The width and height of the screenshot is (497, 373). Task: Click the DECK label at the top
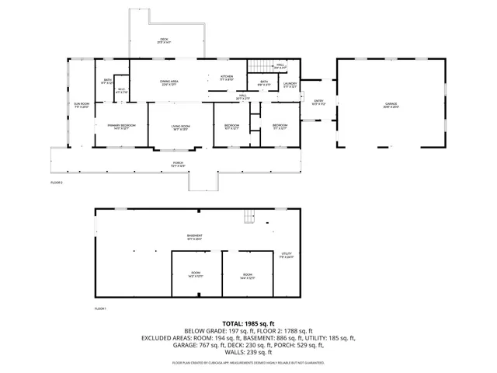click(x=164, y=40)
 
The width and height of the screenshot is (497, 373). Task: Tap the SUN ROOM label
click(x=82, y=105)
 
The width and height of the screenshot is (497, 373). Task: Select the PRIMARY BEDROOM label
click(x=112, y=126)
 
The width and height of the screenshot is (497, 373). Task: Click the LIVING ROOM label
click(x=180, y=127)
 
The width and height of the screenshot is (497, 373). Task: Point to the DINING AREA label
click(x=170, y=82)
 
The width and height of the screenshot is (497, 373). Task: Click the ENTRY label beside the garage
click(x=318, y=101)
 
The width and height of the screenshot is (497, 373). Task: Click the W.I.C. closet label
click(x=121, y=91)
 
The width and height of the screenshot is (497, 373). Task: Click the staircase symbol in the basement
click(x=249, y=216)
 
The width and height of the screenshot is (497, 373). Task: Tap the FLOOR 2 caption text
click(x=56, y=183)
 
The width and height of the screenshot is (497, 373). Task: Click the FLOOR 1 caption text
click(x=100, y=309)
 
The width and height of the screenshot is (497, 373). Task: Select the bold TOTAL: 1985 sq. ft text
click(x=248, y=323)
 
